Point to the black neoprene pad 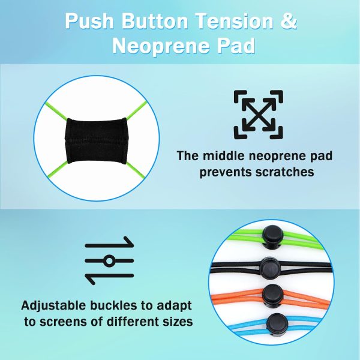(x=96, y=141)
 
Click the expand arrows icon (x=258, y=115)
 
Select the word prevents (x=226, y=172)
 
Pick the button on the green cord (x=273, y=237)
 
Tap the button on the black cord (x=270, y=268)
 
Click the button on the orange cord (x=273, y=296)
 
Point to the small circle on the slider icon (x=109, y=261)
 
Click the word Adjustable (x=53, y=306)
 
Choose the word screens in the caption (x=63, y=322)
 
